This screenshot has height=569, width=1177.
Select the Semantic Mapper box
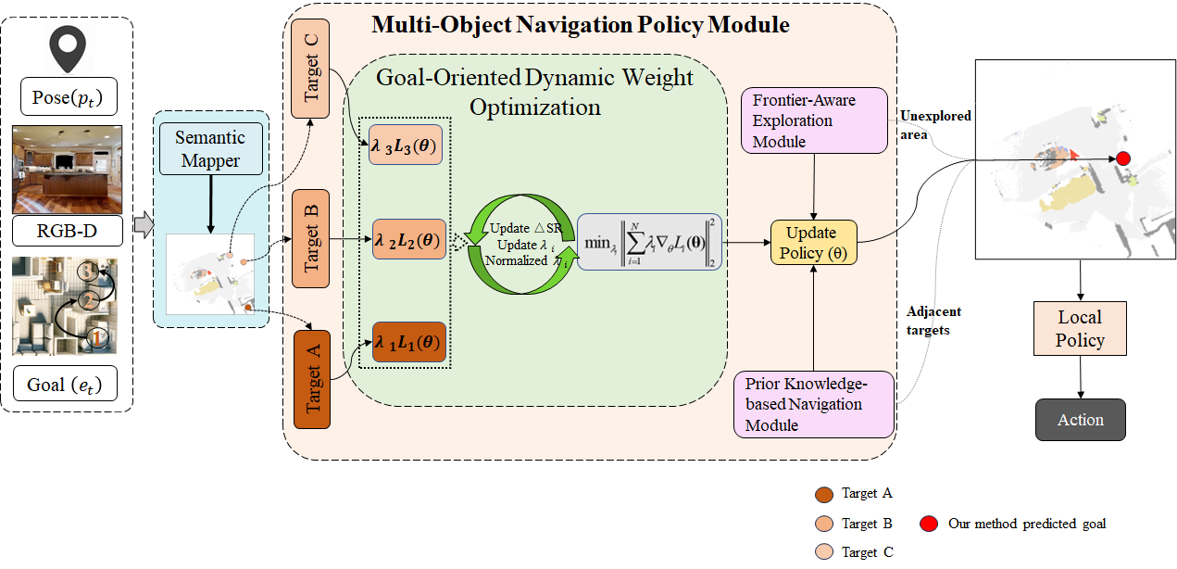pos(210,149)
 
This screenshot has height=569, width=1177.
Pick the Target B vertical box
pos(311,239)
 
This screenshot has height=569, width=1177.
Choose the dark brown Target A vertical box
pos(312,379)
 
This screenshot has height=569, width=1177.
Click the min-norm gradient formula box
pos(648,244)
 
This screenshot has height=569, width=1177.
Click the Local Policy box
pos(1080,328)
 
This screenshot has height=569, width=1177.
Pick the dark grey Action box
pos(1080,419)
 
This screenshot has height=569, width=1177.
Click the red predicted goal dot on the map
pos(1123,158)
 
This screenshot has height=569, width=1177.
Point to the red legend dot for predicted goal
pos(928,524)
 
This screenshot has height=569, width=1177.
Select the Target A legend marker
pos(822,494)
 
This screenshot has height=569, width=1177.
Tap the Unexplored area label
pos(935,124)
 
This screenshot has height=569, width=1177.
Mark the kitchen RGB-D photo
pos(67,170)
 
